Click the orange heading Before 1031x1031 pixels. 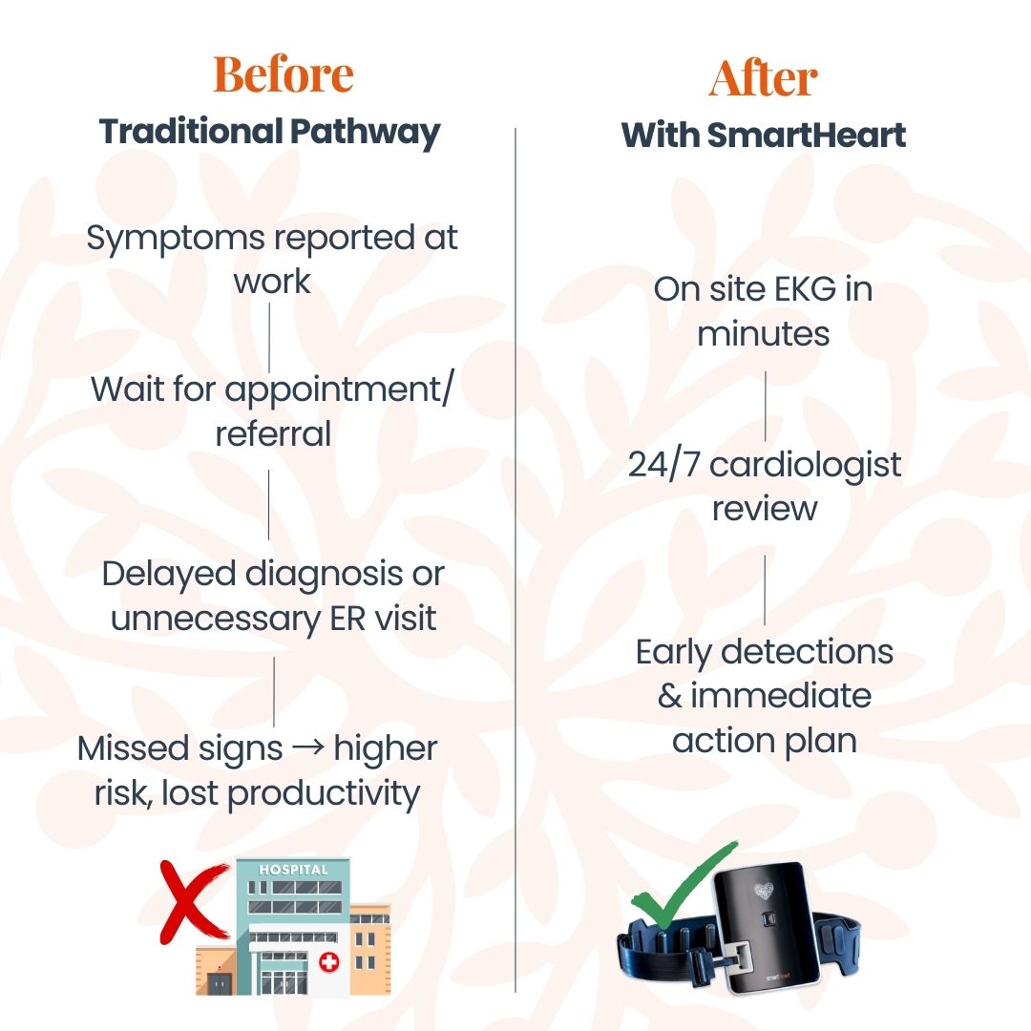(284, 74)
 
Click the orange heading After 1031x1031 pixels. (763, 78)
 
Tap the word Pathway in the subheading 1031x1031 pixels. (365, 133)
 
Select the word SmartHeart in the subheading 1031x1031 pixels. (806, 135)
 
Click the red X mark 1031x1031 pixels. (192, 901)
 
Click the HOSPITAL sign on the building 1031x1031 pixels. (293, 870)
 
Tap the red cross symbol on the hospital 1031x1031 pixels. (328, 962)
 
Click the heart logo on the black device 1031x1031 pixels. (763, 891)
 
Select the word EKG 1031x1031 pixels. (806, 289)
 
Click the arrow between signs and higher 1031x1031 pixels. (307, 747)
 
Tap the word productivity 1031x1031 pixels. (323, 794)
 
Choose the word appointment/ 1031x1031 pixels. (339, 390)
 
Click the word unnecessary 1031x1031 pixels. (215, 620)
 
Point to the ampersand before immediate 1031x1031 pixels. (670, 696)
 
